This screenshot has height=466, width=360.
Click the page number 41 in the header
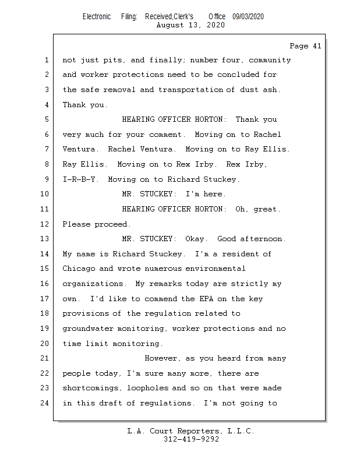click(x=316, y=46)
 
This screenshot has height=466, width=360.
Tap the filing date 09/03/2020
click(x=248, y=17)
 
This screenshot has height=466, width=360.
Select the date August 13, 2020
click(x=190, y=25)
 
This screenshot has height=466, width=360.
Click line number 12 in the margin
click(x=46, y=224)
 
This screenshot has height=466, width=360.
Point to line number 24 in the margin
click(x=46, y=403)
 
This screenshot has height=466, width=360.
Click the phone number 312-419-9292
click(x=191, y=440)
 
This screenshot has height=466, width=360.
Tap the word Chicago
click(x=79, y=269)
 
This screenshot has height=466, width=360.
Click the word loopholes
click(x=147, y=388)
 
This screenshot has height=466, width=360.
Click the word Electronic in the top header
click(x=96, y=17)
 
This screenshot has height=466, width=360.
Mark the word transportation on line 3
click(x=190, y=90)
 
